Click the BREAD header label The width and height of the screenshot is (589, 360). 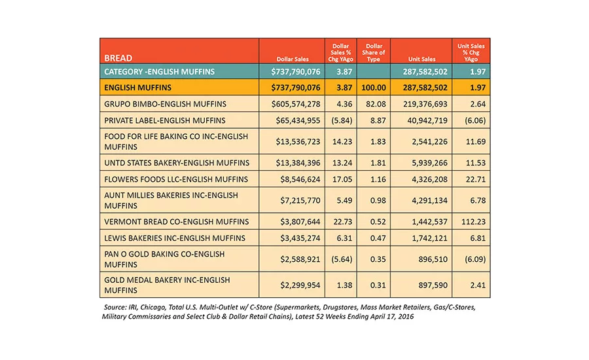click(x=118, y=58)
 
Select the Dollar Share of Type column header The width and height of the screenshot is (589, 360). click(x=374, y=52)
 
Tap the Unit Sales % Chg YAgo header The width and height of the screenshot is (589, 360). click(x=471, y=52)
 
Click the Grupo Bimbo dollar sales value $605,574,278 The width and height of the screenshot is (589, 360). click(x=296, y=104)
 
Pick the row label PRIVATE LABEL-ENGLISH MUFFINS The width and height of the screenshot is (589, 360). click(x=165, y=120)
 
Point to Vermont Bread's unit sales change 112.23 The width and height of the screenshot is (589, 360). click(x=473, y=222)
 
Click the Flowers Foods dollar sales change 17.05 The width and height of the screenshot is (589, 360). click(x=342, y=179)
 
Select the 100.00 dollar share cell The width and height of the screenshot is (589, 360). click(x=374, y=88)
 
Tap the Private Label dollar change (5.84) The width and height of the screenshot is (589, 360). click(x=342, y=120)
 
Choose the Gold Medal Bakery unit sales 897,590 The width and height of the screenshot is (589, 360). click(x=433, y=285)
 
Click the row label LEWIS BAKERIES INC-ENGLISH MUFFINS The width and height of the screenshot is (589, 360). click(x=175, y=238)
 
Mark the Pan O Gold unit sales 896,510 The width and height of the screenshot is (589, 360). click(x=433, y=259)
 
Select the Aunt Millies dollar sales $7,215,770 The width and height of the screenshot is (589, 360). click(x=300, y=201)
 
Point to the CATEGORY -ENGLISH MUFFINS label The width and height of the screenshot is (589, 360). click(x=159, y=72)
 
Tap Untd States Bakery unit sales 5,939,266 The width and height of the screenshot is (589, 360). click(x=429, y=163)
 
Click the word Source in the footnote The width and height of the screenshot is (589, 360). click(x=115, y=308)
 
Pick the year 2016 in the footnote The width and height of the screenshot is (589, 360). click(x=406, y=316)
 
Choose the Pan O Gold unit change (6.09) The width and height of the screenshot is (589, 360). click(x=475, y=259)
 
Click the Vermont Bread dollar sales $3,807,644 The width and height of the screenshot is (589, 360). click(x=300, y=222)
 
